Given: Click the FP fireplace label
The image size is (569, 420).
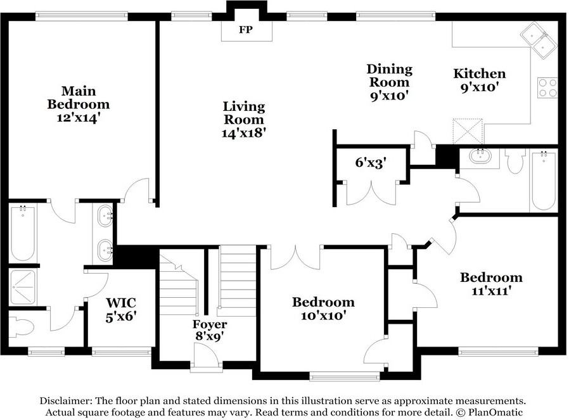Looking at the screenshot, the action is (x=246, y=29).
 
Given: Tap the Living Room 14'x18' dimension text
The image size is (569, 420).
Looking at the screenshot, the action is (x=244, y=133).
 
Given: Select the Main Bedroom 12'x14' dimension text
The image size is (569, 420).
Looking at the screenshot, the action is (x=78, y=118).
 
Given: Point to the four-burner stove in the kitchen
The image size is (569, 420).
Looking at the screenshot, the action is (x=547, y=88).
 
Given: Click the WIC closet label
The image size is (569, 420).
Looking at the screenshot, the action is (x=121, y=302).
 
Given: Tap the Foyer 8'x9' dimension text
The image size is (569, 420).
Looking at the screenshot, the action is (x=209, y=336).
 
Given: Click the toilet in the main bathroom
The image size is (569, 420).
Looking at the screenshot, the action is (x=21, y=326).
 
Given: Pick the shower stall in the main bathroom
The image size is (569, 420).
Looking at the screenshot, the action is (x=23, y=287).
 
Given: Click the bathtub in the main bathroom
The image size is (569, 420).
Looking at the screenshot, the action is (x=23, y=234).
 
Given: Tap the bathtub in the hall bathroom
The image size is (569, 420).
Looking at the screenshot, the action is (x=543, y=181).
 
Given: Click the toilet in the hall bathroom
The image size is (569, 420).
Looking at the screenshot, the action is (x=515, y=160).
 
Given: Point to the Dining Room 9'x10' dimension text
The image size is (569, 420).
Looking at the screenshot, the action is (x=390, y=96).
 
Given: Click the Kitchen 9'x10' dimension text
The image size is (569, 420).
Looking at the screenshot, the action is (x=479, y=87).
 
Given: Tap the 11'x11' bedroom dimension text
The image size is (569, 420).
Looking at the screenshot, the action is (x=491, y=291).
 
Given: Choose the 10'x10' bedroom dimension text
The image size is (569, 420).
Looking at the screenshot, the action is (x=323, y=315).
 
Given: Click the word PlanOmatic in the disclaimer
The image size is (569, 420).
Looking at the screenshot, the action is (x=495, y=412).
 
